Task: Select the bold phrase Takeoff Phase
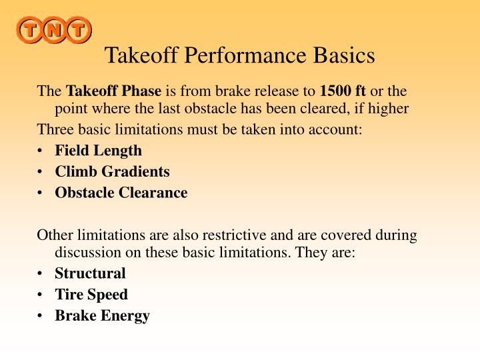pos(113,91)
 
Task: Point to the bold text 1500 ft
pos(343,91)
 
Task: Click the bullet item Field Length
pos(98,151)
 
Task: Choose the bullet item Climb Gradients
pos(112,171)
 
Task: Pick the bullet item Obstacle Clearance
pos(121,193)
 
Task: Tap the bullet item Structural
pos(90,273)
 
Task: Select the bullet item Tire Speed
pos(91,294)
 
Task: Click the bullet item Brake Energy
pos(102,315)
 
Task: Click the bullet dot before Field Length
pos(42,151)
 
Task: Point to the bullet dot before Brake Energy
pos(42,316)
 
